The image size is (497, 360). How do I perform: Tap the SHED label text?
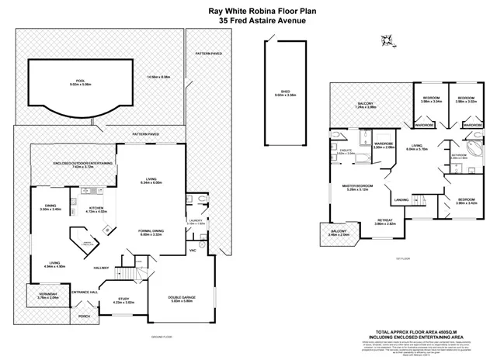pos(285,92)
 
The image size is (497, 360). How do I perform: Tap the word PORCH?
pos(83,316)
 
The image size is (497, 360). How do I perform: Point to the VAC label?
pos(193,251)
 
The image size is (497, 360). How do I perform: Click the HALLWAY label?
pos(102,268)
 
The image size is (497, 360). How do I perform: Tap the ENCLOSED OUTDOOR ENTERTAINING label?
pos(85,163)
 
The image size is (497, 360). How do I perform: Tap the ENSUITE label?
pos(346,151)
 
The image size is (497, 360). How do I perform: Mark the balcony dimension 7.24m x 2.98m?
pos(366,108)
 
